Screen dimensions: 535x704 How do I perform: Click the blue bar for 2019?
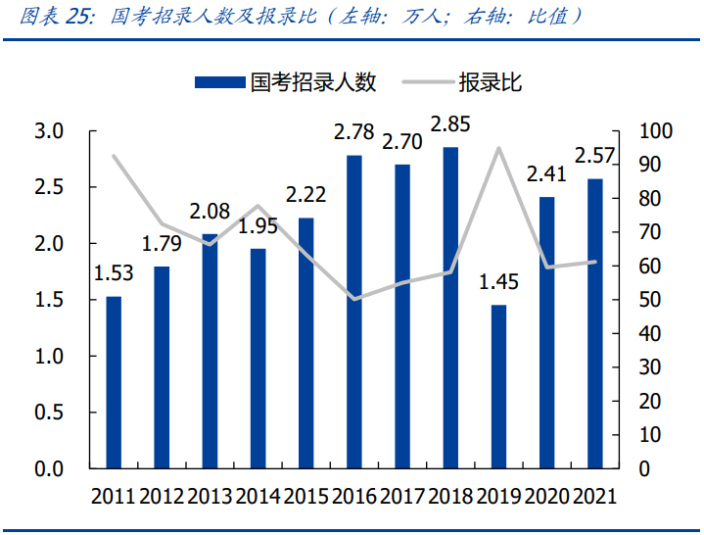pyautogui.click(x=499, y=387)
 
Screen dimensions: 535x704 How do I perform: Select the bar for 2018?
pyautogui.click(x=450, y=309)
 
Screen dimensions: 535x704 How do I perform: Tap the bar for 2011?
pyautogui.click(x=115, y=382)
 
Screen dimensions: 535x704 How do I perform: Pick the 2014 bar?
pyautogui.click(x=258, y=359)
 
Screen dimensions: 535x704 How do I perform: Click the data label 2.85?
pyautogui.click(x=450, y=125)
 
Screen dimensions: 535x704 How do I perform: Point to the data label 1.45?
pyautogui.click(x=498, y=283)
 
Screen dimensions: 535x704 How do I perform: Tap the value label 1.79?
pyautogui.click(x=163, y=244)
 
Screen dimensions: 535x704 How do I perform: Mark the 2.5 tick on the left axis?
pyautogui.click(x=49, y=187)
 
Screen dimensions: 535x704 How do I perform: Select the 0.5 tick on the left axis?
pyautogui.click(x=49, y=413)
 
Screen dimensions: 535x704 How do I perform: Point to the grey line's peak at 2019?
pyautogui.click(x=499, y=148)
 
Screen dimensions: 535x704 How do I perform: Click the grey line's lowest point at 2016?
pyautogui.click(x=354, y=299)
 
